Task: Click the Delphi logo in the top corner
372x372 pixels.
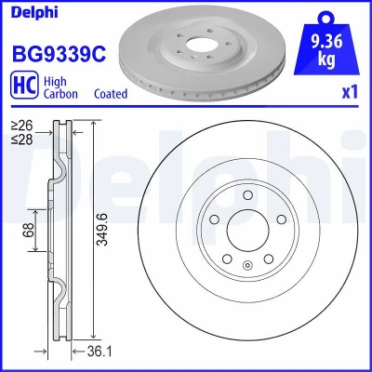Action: (34, 12)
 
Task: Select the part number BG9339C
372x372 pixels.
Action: (59, 53)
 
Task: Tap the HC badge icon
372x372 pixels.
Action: (24, 85)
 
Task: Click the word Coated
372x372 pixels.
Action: (111, 93)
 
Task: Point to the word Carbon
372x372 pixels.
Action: (60, 93)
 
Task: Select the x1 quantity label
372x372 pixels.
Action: (350, 92)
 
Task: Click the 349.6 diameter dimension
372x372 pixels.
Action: (101, 230)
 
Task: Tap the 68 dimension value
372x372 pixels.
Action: (28, 230)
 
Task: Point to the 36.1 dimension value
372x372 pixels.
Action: (100, 352)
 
